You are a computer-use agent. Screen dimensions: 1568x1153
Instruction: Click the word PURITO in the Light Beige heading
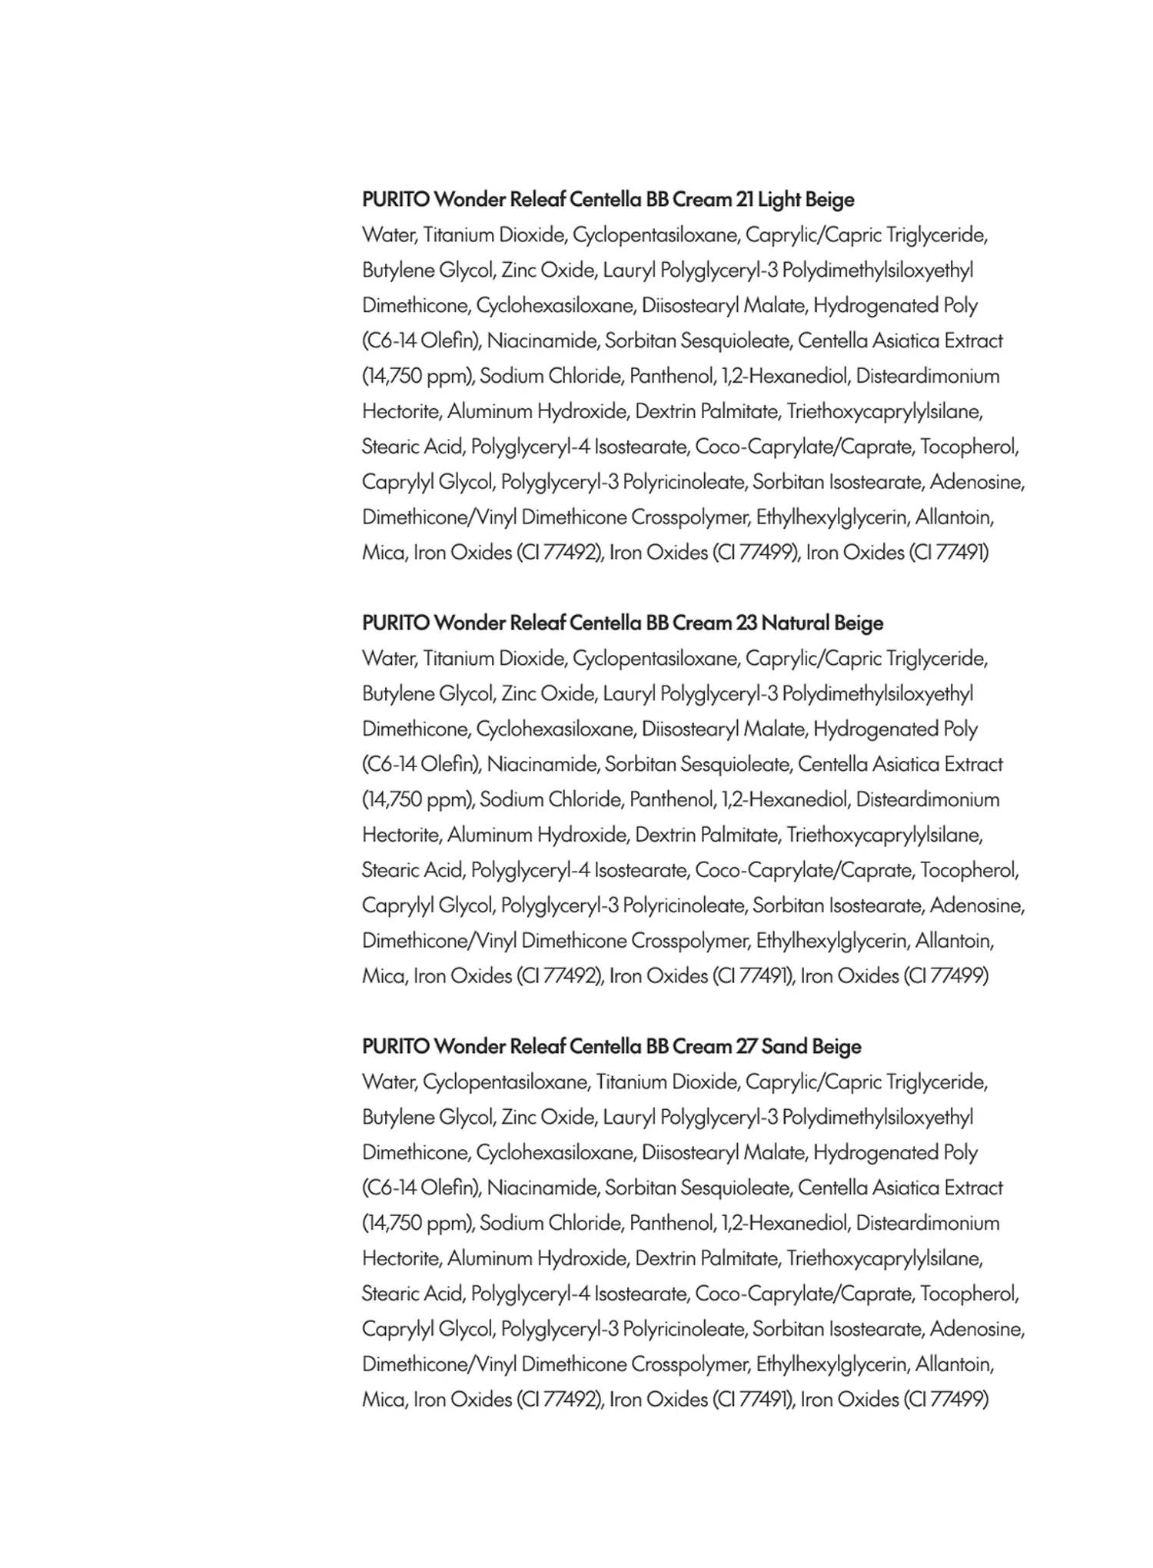pos(396,200)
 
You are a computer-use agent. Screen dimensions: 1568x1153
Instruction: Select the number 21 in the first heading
pos(744,200)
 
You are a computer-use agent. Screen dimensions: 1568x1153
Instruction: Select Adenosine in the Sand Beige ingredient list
pos(977,1329)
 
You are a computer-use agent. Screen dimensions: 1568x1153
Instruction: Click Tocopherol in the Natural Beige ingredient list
pos(969,871)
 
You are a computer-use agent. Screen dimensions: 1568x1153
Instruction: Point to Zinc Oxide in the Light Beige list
pos(547,271)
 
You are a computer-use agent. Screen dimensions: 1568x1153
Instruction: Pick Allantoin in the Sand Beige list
pos(954,1364)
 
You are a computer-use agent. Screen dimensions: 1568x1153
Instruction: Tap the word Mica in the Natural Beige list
pos(383,976)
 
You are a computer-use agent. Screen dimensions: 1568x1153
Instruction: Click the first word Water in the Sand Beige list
pos(389,1082)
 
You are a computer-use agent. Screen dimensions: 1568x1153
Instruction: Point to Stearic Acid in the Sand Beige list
pos(412,1294)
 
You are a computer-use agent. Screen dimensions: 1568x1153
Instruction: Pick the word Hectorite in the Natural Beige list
pos(400,835)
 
